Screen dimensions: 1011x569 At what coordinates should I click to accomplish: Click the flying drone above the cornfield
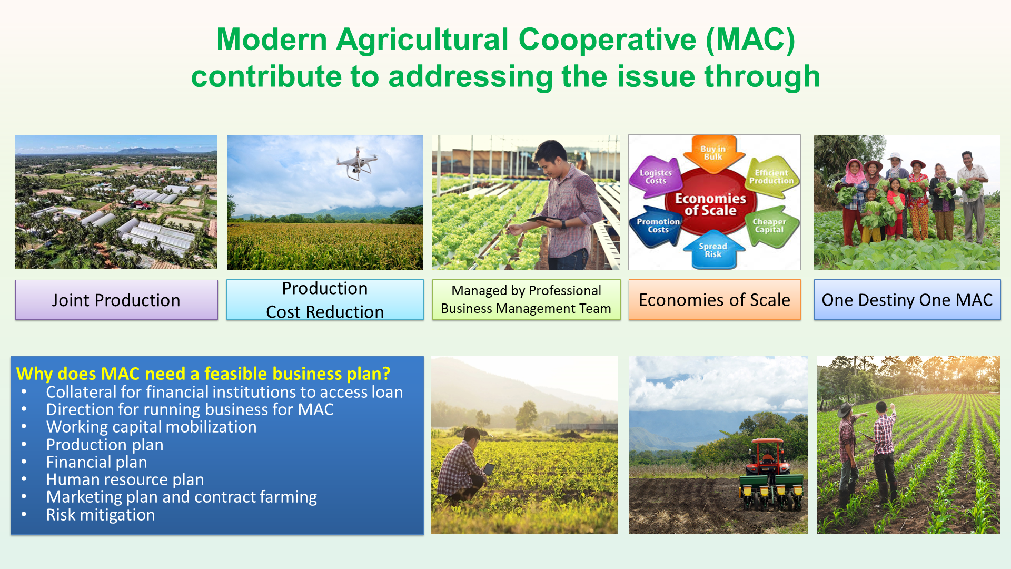click(x=358, y=164)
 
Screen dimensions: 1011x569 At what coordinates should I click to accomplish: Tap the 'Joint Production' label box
click(x=116, y=300)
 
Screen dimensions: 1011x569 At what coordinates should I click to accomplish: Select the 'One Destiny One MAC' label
click(x=907, y=300)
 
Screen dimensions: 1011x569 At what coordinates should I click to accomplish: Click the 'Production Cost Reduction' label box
click(x=325, y=300)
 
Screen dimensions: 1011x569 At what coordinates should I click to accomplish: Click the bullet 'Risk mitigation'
click(x=101, y=515)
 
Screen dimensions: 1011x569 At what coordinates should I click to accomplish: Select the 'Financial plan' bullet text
click(x=97, y=462)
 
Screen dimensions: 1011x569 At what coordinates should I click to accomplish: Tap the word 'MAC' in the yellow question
click(x=120, y=374)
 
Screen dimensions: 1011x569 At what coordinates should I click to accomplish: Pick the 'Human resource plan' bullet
click(x=125, y=479)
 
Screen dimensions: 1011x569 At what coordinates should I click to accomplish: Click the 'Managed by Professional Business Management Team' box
click(x=527, y=300)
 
